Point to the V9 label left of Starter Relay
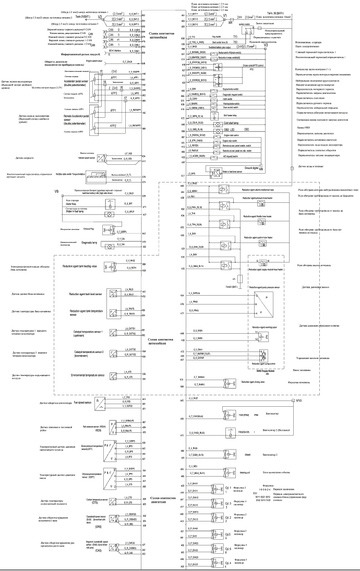[x=56, y=192]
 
